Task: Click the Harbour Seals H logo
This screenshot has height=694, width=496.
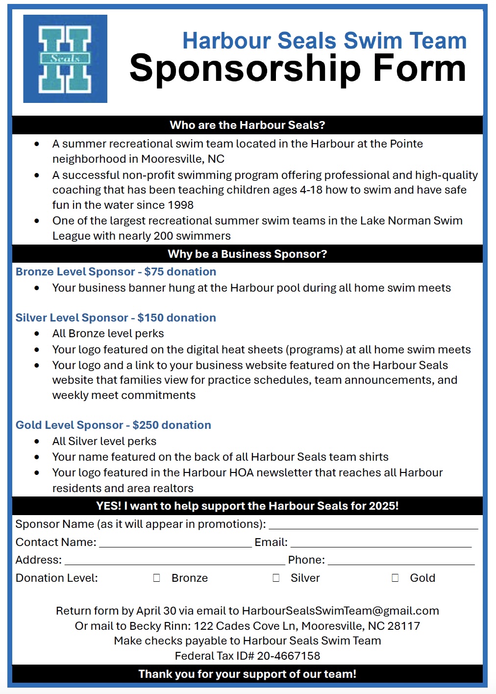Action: pyautogui.click(x=65, y=59)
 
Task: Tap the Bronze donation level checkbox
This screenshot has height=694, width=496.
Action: pyautogui.click(x=157, y=578)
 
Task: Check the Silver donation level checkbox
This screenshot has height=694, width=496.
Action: pyautogui.click(x=276, y=578)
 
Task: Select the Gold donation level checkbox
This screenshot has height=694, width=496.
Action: pyautogui.click(x=395, y=578)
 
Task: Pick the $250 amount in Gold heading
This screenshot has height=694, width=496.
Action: pyautogui.click(x=146, y=425)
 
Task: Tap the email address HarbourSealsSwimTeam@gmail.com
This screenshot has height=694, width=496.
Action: pyautogui.click(x=340, y=611)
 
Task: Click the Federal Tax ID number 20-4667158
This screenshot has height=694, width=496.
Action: pyautogui.click(x=288, y=656)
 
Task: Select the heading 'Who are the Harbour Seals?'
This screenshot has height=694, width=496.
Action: pyautogui.click(x=248, y=125)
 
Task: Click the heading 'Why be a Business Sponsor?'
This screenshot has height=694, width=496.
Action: pyautogui.click(x=248, y=254)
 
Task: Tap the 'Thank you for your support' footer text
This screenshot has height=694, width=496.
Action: pyautogui.click(x=248, y=674)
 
